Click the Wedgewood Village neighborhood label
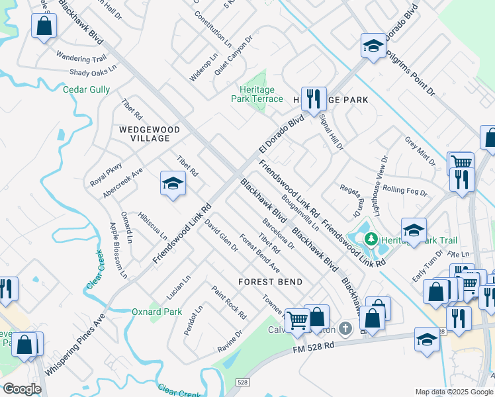coord(144,134)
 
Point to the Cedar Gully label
coord(87,90)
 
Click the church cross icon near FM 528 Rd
coord(345,328)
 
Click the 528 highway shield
coord(244,382)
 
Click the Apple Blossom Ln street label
coord(117,249)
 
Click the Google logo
coord(22,389)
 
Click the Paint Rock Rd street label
coord(228,302)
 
